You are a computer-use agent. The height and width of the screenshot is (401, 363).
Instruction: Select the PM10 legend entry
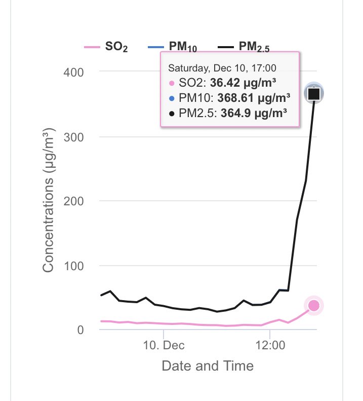point(172,48)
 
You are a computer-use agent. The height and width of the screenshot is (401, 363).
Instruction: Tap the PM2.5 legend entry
point(246,48)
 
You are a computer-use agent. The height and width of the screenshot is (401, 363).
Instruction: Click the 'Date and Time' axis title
point(208,365)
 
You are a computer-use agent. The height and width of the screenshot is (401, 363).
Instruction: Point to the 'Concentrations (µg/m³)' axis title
point(48,201)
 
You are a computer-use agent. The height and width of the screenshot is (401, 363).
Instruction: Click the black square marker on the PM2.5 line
point(314,93)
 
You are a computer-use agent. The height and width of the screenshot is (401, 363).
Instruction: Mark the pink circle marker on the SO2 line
point(314,306)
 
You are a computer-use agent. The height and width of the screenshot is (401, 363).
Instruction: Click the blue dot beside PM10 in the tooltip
point(172,98)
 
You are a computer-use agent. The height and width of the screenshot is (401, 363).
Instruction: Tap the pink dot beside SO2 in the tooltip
point(172,83)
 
